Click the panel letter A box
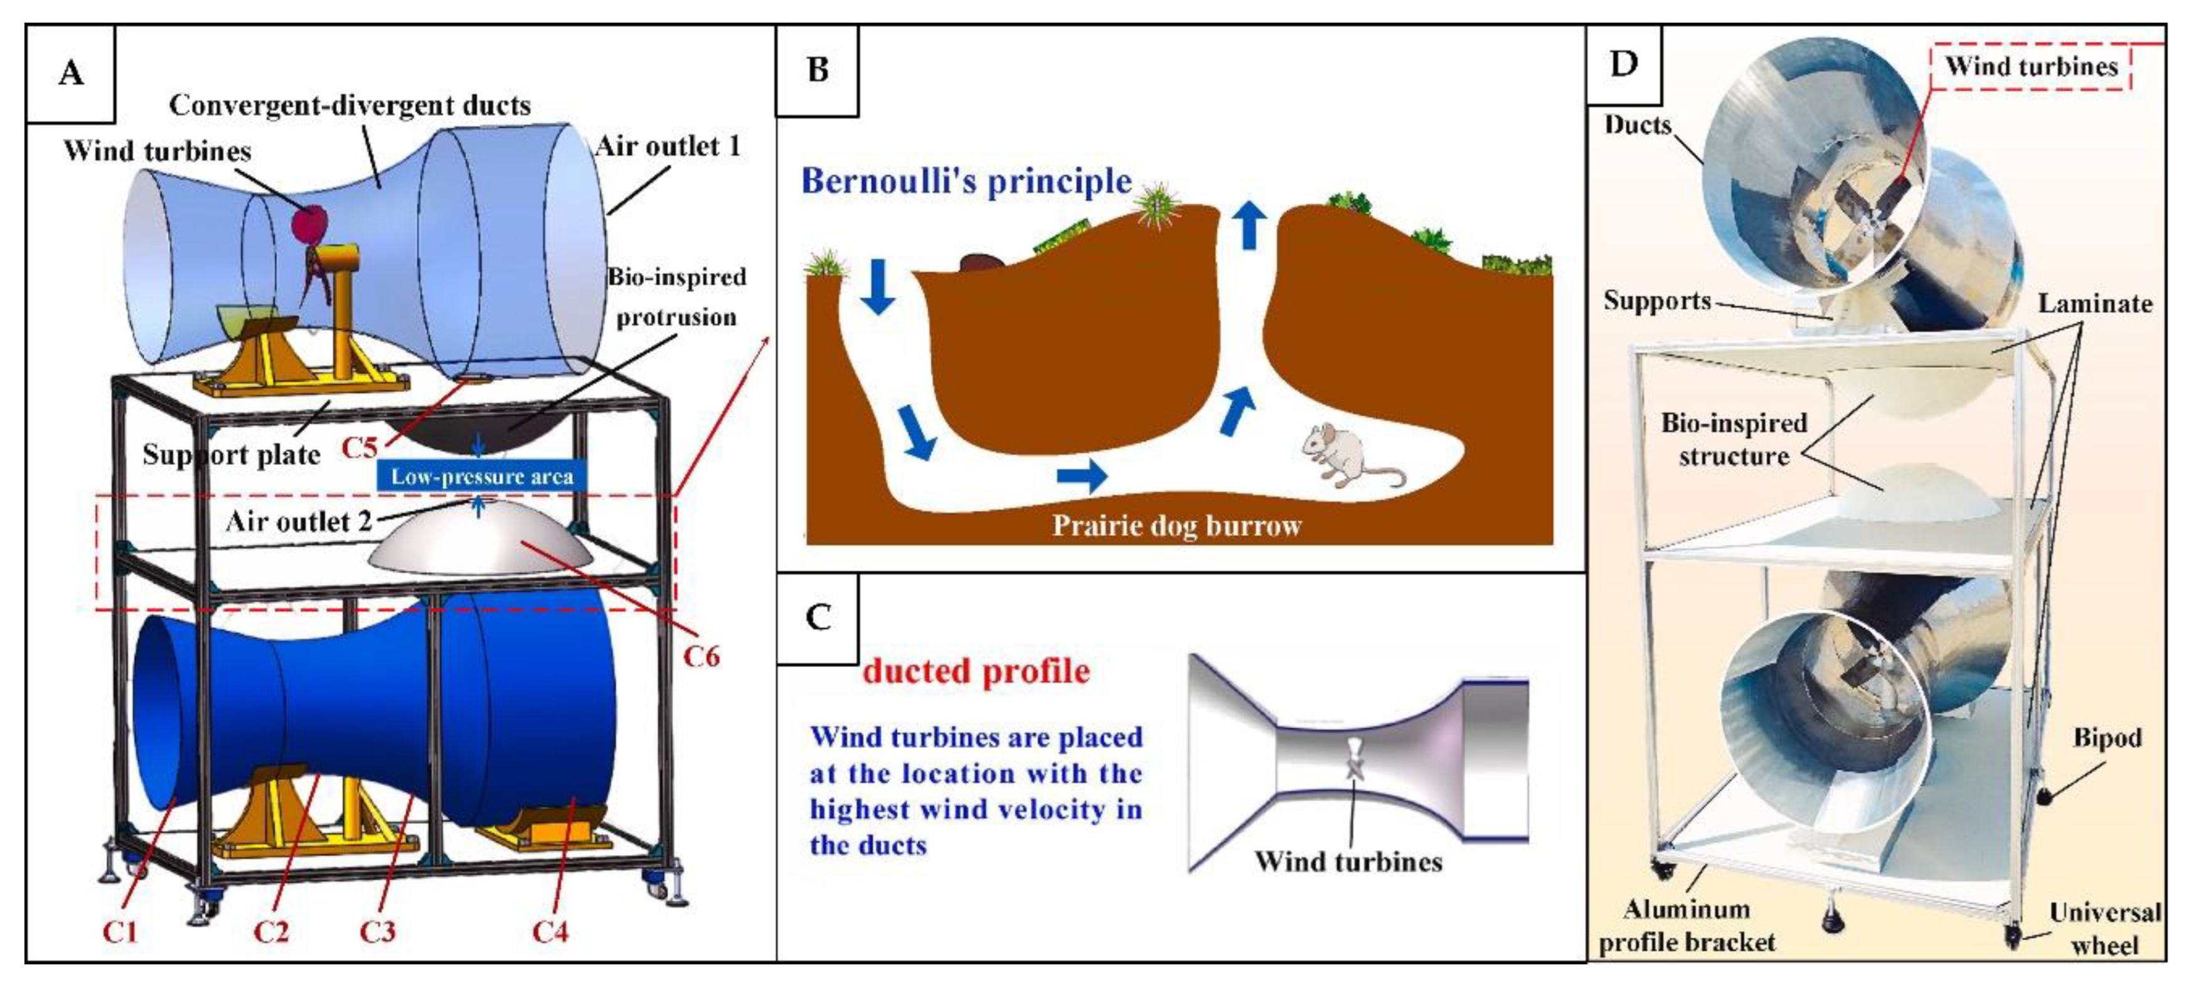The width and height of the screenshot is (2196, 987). point(71,73)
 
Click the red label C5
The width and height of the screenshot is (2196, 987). point(359,447)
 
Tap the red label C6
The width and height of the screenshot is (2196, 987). point(701,656)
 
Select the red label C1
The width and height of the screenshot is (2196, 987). point(120,932)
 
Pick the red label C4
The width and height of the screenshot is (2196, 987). point(550,932)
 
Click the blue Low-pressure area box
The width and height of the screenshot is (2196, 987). point(482,476)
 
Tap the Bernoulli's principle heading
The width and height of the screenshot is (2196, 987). point(966,181)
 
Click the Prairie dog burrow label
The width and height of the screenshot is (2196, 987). point(1176,525)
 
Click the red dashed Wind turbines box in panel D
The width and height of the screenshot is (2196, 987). point(2030,67)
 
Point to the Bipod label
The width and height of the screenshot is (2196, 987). point(2106,737)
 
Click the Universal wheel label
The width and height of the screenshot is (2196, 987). point(2104,929)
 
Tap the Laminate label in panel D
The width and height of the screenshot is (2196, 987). point(2094,304)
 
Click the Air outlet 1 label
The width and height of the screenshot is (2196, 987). point(668,147)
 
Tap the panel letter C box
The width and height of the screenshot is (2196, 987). point(818,617)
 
